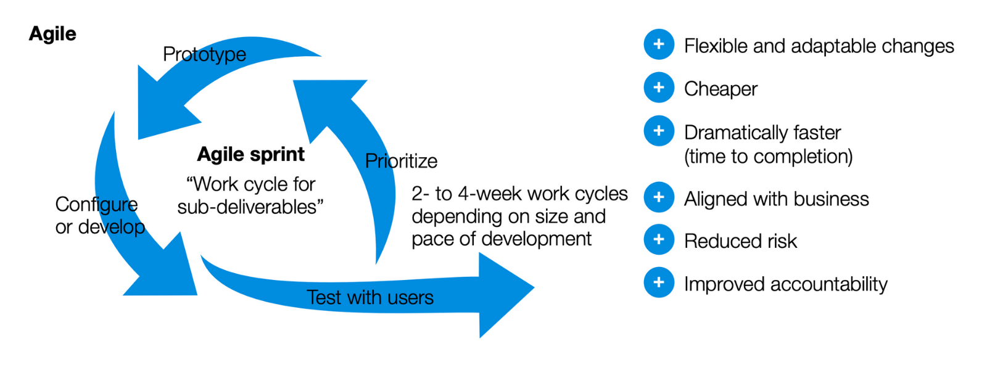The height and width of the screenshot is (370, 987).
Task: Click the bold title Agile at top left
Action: click(52, 34)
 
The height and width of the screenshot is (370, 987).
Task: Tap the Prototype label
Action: click(204, 54)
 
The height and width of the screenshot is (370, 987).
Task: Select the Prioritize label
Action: click(401, 161)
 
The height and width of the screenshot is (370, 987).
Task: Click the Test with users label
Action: click(370, 298)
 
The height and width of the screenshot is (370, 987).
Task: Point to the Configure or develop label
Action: click(99, 216)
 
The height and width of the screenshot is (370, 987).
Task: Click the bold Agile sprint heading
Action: click(250, 154)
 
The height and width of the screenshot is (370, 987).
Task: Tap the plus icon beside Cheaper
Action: click(658, 88)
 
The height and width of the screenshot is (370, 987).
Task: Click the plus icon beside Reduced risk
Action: click(658, 240)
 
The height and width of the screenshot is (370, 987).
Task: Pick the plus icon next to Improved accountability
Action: click(658, 282)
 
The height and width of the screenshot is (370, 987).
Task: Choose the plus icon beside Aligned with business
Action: click(658, 197)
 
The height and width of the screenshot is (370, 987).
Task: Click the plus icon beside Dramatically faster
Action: click(658, 131)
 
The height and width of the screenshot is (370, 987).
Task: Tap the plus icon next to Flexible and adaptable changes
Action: click(658, 44)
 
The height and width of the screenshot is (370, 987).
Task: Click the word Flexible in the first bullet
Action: click(716, 46)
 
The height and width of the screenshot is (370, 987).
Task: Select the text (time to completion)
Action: click(768, 157)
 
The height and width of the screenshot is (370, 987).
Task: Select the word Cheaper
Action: click(721, 89)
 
